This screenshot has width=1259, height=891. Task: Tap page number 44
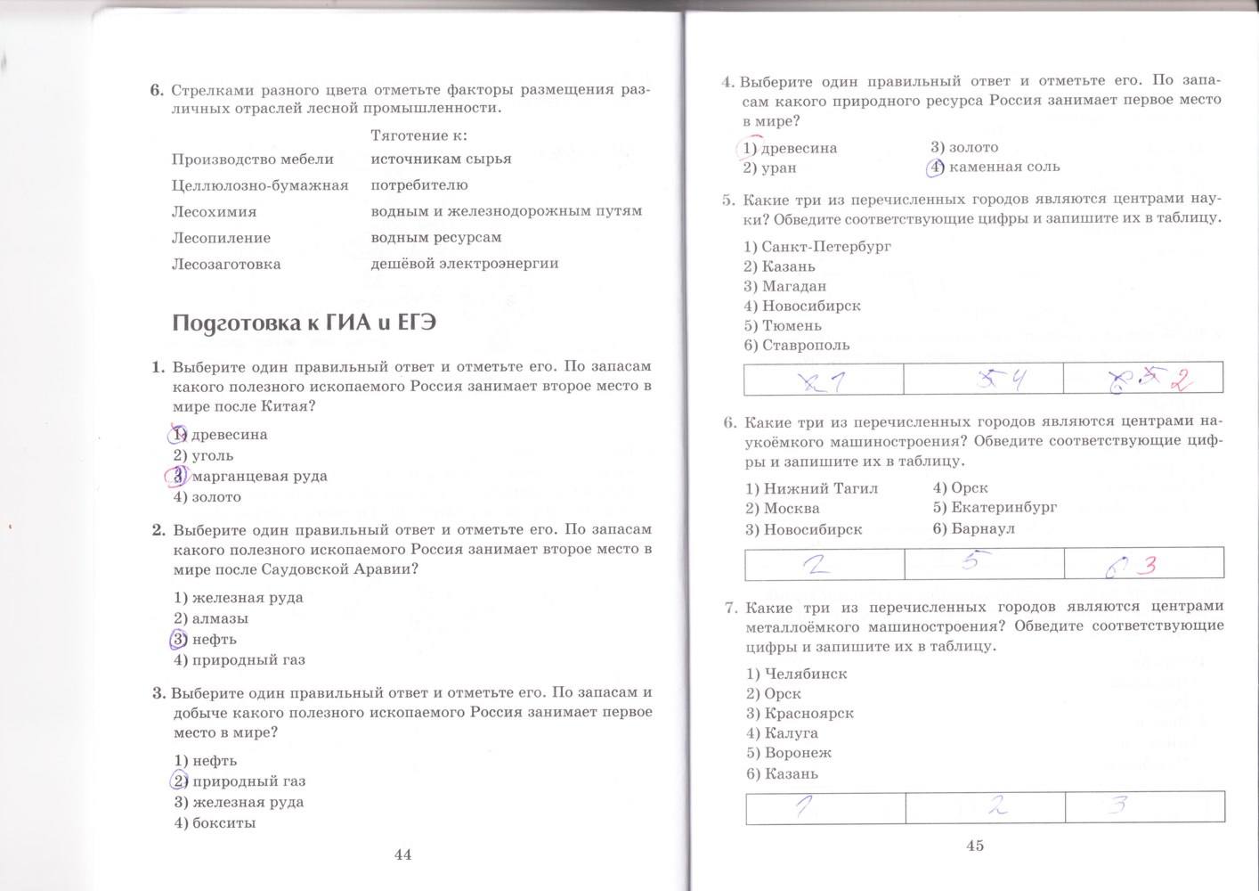(402, 854)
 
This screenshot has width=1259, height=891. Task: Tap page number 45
(974, 846)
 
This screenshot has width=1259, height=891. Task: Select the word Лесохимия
(214, 212)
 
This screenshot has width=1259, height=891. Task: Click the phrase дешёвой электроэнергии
(465, 263)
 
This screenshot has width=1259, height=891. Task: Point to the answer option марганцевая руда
(259, 476)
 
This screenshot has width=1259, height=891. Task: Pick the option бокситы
(223, 822)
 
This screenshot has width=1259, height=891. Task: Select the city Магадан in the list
(794, 286)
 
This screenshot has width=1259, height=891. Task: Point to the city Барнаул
(983, 528)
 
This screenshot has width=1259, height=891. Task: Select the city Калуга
(791, 732)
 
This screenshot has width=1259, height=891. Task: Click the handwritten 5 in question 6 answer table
(972, 561)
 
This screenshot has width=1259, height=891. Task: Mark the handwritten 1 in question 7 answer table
(804, 806)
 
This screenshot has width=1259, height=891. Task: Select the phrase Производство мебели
(252, 159)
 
